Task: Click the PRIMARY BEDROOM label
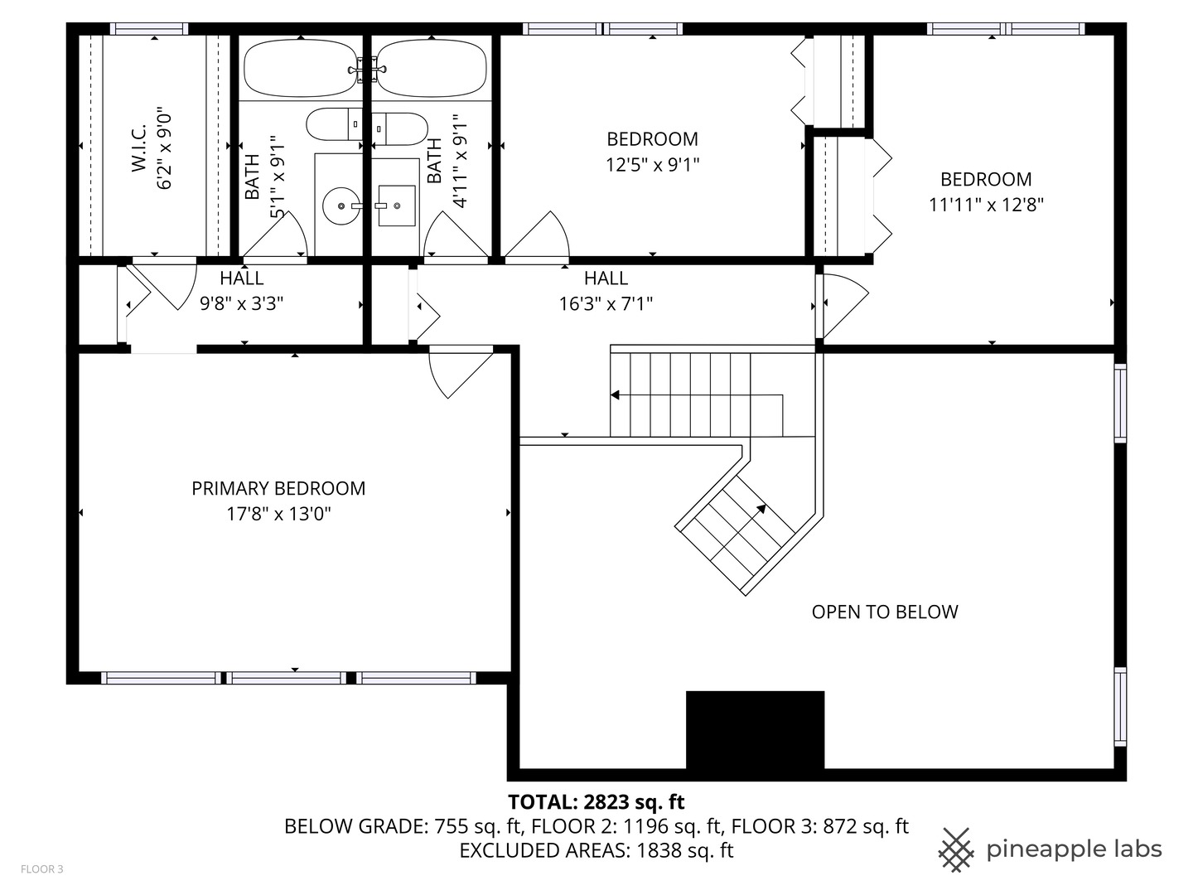(278, 488)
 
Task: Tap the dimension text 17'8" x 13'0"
(278, 514)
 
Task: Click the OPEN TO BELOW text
(884, 612)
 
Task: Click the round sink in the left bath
(341, 205)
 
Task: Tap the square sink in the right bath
(396, 205)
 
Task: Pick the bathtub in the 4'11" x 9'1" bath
(432, 69)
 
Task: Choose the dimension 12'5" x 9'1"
(652, 164)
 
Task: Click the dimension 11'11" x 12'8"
(986, 204)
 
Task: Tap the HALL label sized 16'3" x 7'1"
(606, 278)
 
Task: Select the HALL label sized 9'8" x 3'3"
(242, 278)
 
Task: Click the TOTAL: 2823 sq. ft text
(596, 801)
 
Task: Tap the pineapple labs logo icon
(956, 849)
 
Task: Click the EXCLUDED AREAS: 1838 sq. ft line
(596, 850)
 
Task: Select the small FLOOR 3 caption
(41, 869)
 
